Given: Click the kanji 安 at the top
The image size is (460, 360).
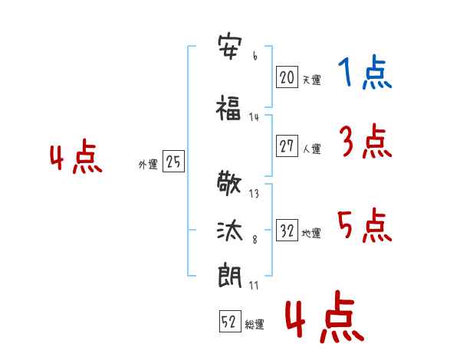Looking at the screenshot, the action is (230, 47).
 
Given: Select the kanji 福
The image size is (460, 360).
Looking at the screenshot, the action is (228, 108).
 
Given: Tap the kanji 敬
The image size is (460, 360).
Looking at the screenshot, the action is (229, 184).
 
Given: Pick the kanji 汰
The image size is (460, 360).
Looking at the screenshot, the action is (230, 231).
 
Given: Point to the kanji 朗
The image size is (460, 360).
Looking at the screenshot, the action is (230, 275).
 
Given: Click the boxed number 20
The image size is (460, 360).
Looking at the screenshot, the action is (287, 77).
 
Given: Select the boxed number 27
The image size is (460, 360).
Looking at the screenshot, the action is (287, 146).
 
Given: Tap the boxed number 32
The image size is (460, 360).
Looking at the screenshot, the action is (287, 230).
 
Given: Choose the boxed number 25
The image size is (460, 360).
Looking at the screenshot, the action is (173, 162).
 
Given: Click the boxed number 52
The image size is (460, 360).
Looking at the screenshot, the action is (230, 321).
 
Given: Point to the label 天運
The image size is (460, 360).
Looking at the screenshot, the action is (311, 80).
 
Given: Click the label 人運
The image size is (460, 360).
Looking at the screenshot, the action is (311, 149).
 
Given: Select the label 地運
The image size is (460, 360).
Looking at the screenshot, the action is (311, 233).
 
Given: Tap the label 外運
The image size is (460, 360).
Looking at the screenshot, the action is (148, 164).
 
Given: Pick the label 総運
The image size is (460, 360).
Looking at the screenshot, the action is (255, 324).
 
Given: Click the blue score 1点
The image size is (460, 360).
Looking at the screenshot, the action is (365, 72).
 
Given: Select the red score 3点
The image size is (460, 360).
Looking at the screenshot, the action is (366, 141).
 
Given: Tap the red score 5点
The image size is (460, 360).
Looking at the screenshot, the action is (365, 225).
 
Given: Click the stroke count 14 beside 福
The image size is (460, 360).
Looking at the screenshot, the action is (254, 117).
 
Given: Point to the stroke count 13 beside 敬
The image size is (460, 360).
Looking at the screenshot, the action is (254, 194).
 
